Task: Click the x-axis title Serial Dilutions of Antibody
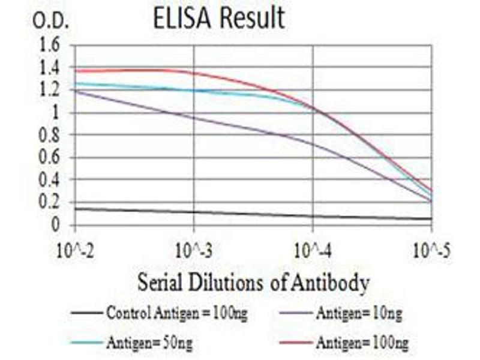253,282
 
